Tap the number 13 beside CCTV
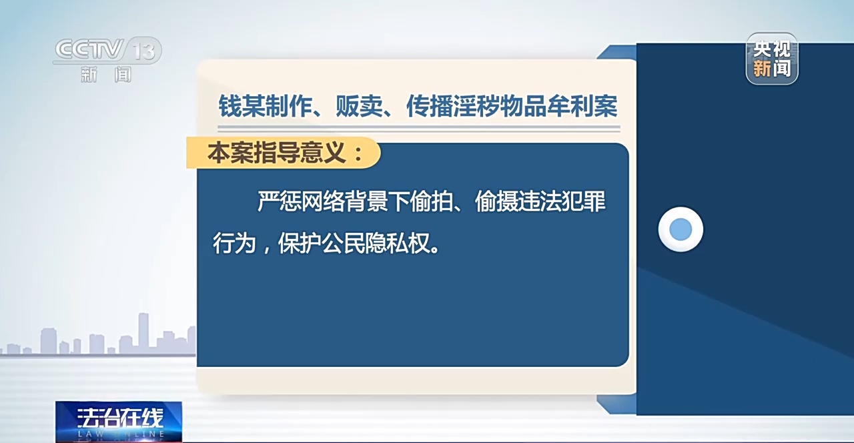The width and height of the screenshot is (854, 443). pos(144,51)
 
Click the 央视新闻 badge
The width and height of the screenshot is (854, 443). pos(772,59)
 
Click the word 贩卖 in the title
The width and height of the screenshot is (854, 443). pos(359,106)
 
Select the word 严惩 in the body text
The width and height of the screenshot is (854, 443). pos(279,201)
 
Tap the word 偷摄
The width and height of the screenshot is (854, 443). pos(496,201)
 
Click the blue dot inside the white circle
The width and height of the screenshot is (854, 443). pos(681,230)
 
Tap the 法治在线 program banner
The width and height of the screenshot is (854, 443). pos(119,422)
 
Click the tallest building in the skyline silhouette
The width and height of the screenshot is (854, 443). pos(143,332)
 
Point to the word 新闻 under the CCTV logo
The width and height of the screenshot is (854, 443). pos(106,74)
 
